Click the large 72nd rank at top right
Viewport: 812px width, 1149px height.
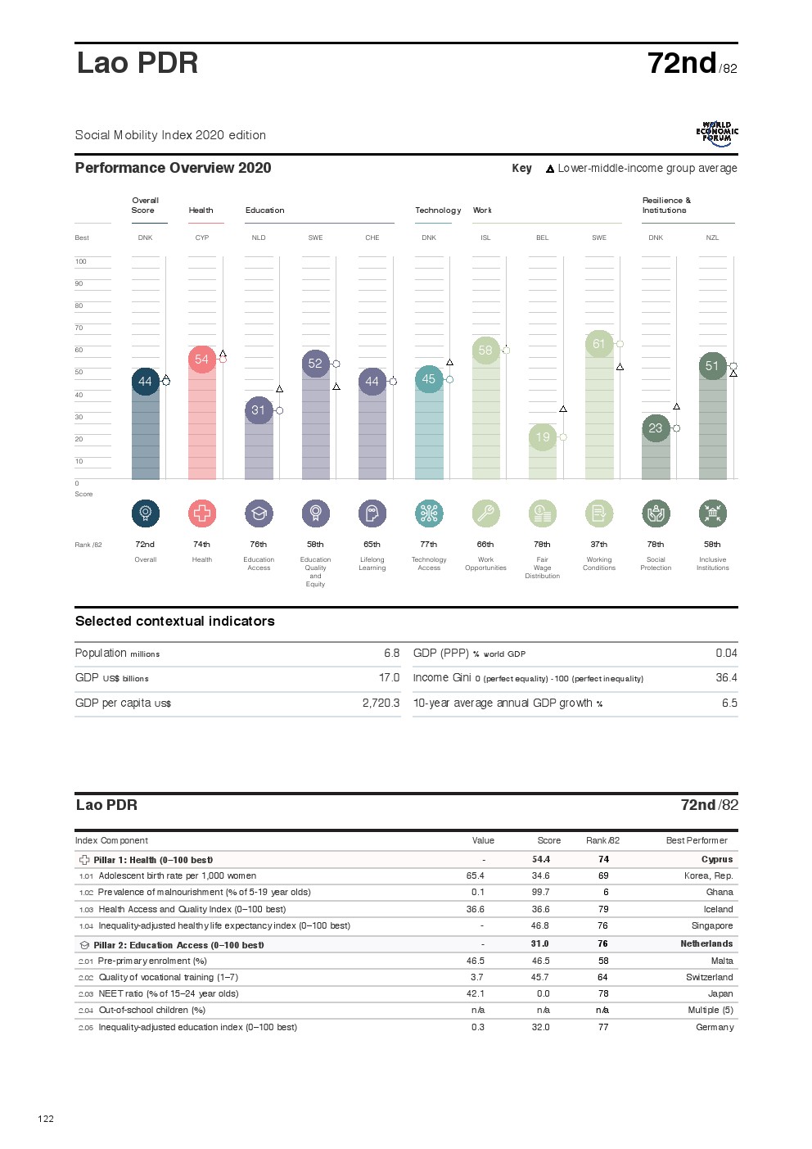click(x=682, y=63)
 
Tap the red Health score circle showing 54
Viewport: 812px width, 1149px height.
click(x=201, y=360)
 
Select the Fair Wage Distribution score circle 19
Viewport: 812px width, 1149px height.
click(x=543, y=437)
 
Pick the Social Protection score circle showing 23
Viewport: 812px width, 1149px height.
click(x=656, y=428)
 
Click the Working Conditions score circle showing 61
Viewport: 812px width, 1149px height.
click(x=599, y=344)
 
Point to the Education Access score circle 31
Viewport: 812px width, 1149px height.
click(x=259, y=410)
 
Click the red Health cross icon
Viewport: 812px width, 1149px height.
click(x=202, y=513)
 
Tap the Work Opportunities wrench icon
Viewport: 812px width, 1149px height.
click(x=485, y=513)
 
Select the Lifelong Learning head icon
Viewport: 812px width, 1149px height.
click(x=372, y=513)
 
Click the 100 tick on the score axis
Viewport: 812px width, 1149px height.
click(x=80, y=262)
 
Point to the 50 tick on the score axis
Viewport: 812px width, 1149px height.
click(x=79, y=373)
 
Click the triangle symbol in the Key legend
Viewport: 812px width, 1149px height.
click(x=550, y=169)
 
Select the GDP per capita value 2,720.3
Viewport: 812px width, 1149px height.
click(x=381, y=703)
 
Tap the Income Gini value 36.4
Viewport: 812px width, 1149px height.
click(x=726, y=678)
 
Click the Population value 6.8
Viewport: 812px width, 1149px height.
click(x=391, y=654)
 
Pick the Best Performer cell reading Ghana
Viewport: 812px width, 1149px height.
click(x=720, y=892)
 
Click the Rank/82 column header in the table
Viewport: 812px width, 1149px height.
click(x=602, y=840)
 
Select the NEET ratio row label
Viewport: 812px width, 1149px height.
click(x=169, y=993)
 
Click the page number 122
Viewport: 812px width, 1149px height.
click(x=46, y=1119)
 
